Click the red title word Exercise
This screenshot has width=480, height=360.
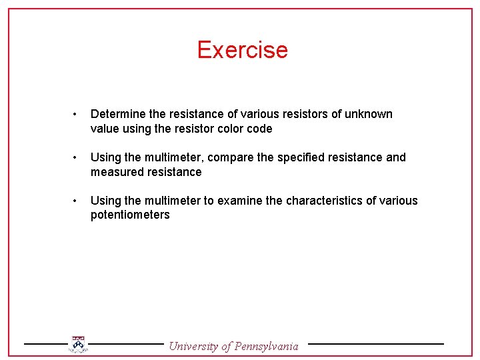pos(242,50)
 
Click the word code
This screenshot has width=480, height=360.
pos(259,129)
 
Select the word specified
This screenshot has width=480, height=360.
pos(299,157)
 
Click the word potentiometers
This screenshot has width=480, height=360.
pos(130,215)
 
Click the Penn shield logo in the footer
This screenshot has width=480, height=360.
pos(78,344)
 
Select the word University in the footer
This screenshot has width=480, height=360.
pos(193,345)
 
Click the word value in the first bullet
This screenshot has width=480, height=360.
pos(104,129)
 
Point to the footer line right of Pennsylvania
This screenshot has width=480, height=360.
pos(375,344)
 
